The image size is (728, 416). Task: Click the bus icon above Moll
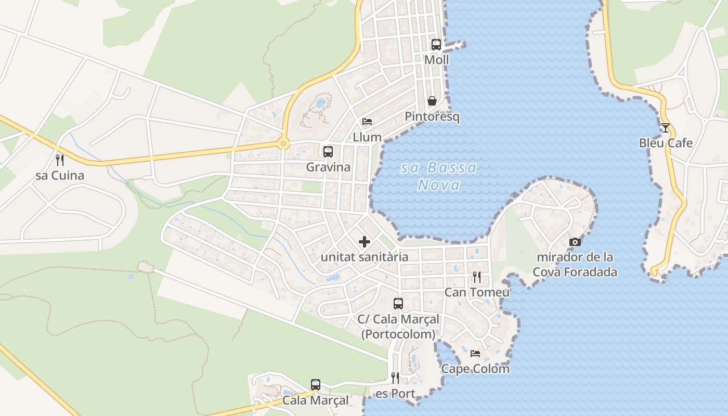(436, 45)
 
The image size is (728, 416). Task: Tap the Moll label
(436, 60)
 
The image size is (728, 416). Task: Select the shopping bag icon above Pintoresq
(432, 101)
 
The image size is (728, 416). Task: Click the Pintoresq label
(432, 117)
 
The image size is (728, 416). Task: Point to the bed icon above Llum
(367, 122)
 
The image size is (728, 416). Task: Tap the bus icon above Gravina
(328, 152)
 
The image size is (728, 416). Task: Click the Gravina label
(328, 167)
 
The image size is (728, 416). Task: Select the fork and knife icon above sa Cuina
(60, 160)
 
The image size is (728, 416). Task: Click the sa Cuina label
(60, 176)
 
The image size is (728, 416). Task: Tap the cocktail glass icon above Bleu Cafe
(666, 127)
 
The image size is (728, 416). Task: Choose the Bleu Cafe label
(666, 143)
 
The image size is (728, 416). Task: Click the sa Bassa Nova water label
(439, 176)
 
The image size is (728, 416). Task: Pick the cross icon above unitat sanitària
(365, 241)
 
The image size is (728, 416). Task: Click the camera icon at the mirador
(575, 242)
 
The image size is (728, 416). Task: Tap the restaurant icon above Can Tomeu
(476, 277)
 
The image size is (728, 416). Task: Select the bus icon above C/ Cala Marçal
(398, 304)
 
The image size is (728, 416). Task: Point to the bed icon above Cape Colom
(475, 354)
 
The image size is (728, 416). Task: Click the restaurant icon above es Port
(395, 378)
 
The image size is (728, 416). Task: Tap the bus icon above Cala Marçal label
(316, 385)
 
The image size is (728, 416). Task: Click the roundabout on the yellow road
(283, 144)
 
